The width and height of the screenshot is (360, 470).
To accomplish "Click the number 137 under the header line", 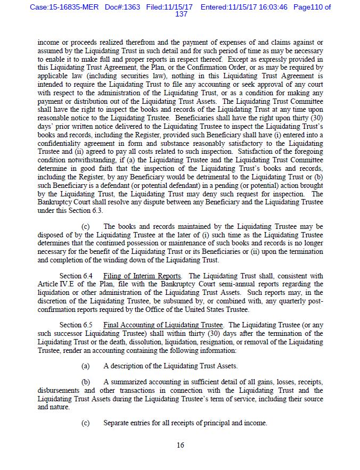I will coord(181,14).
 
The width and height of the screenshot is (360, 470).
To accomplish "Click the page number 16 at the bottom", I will coord(181,445).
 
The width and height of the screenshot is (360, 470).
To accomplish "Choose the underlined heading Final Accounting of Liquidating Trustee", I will coord(163,325).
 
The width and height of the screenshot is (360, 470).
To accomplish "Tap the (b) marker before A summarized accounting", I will coord(85,382).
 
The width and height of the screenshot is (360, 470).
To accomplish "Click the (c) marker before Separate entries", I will coord(85,423).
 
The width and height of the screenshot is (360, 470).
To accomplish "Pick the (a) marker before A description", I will coord(85,366).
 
